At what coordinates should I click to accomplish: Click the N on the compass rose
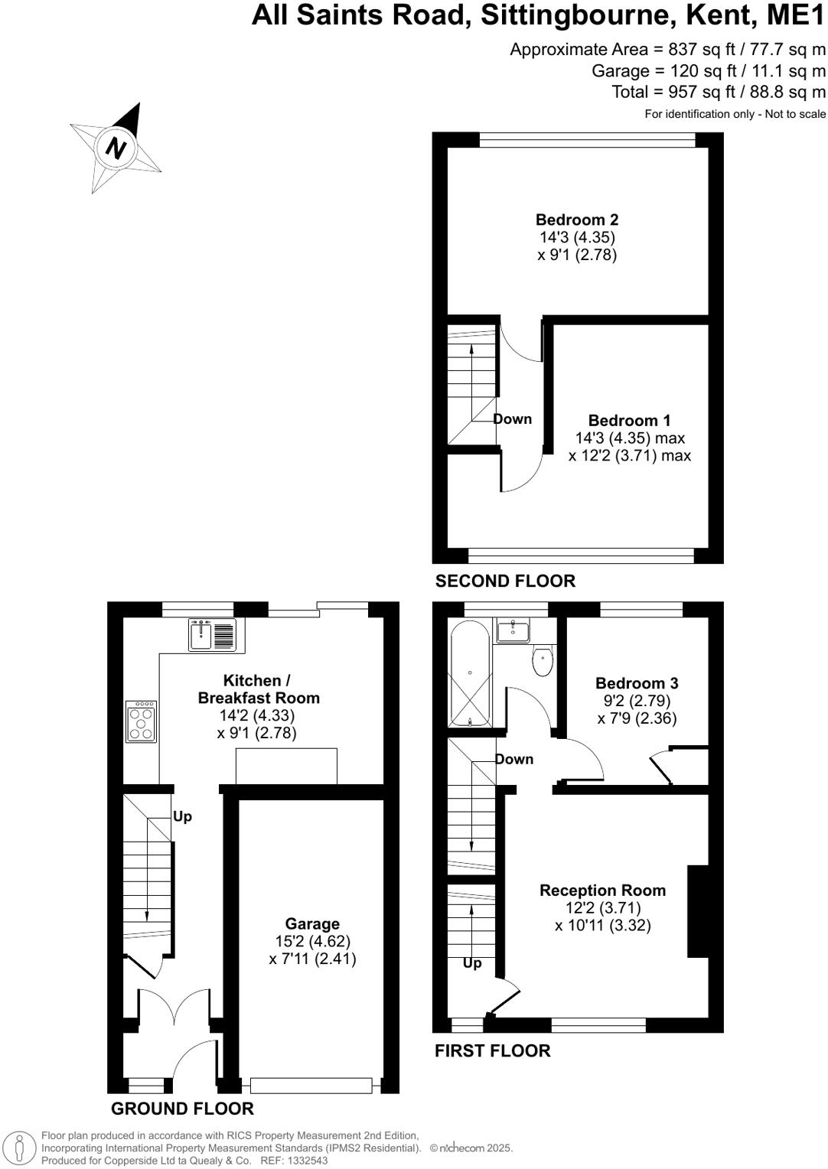[116, 147]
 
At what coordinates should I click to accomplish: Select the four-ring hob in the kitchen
[142, 721]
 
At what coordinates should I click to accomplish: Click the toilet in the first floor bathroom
[543, 660]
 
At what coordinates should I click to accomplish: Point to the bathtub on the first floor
[470, 674]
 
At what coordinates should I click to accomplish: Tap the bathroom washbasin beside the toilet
[513, 631]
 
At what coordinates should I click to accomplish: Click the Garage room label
[312, 923]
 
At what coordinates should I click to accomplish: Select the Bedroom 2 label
[576, 220]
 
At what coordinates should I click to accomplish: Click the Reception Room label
[602, 890]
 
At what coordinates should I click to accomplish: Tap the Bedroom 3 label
[637, 682]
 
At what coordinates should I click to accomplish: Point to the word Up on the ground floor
[182, 816]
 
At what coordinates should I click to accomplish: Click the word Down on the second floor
[512, 418]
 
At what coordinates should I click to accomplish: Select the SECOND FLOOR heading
[505, 581]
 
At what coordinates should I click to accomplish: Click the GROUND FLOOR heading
[182, 1109]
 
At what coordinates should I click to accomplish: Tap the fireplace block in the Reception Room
[698, 910]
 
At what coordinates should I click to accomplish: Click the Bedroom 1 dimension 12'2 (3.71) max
[629, 456]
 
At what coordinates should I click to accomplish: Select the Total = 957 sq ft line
[718, 92]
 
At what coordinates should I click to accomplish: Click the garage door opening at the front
[311, 1085]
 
